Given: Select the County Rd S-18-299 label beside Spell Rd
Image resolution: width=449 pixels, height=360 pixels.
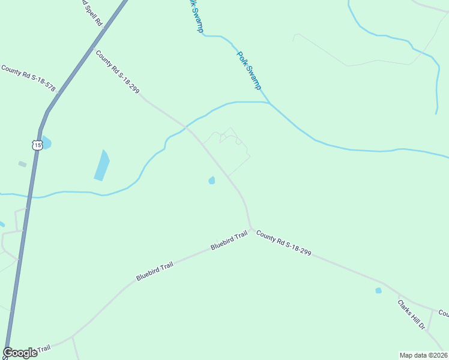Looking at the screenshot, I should click(117, 72).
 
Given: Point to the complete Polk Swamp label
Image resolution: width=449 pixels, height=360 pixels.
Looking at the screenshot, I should click(249, 71).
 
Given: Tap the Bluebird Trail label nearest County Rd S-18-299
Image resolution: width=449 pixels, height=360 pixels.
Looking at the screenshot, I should click(229, 241).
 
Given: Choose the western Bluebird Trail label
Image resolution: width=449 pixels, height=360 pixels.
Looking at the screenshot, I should click(154, 271).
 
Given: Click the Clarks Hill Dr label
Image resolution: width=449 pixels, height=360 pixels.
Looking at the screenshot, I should click(411, 315).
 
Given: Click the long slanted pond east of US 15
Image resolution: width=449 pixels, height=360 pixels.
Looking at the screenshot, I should click(102, 165).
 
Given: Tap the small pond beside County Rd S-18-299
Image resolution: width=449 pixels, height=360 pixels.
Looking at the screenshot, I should click(211, 180).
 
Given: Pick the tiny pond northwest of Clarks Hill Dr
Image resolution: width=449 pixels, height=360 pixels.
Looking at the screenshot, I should click(378, 290).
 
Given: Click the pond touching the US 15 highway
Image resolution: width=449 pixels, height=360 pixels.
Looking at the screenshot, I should click(46, 143).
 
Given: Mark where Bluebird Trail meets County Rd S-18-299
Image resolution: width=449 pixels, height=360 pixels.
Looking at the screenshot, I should click(251, 229).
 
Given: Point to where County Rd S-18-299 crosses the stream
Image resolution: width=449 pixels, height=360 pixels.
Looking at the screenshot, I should click(187, 127).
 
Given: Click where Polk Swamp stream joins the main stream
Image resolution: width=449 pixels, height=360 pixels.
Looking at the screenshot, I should click(268, 103).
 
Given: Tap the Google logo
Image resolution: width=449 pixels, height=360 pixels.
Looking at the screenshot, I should click(20, 353).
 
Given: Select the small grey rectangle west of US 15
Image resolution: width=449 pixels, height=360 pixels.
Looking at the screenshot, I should click(22, 164).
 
